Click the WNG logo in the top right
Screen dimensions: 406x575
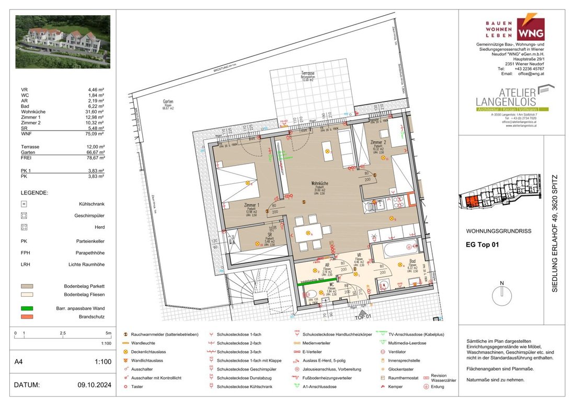click(x=530, y=29)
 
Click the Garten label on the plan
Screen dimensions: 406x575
click(x=167, y=101)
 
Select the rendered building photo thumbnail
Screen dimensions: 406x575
click(x=63, y=42)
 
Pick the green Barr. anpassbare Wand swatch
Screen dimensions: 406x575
click(x=28, y=308)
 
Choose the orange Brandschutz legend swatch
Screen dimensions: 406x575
click(x=28, y=317)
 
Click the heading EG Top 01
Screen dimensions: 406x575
click(x=482, y=243)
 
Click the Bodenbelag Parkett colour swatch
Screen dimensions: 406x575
click(x=28, y=286)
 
